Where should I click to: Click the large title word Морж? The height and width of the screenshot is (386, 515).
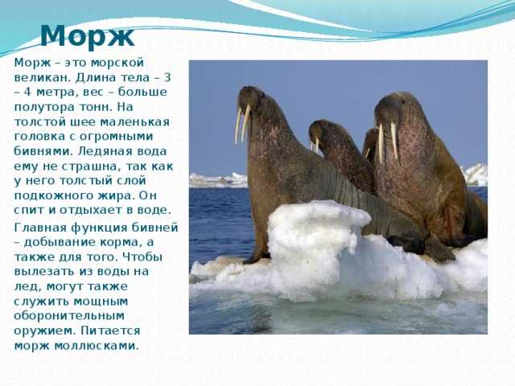[x=87, y=36]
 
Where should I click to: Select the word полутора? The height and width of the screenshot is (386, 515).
[x=43, y=107]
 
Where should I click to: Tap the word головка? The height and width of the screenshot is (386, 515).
[x=39, y=137]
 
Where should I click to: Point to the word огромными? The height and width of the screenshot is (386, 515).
[x=116, y=137]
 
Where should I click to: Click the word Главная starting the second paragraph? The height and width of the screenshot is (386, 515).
[x=39, y=228]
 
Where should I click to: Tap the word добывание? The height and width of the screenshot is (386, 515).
[x=58, y=242]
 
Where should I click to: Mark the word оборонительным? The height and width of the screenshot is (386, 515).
[x=69, y=316]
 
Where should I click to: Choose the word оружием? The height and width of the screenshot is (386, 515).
[x=44, y=331]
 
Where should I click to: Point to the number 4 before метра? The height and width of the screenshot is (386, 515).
[x=27, y=92]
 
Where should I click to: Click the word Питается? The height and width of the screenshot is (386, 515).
[x=110, y=331]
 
